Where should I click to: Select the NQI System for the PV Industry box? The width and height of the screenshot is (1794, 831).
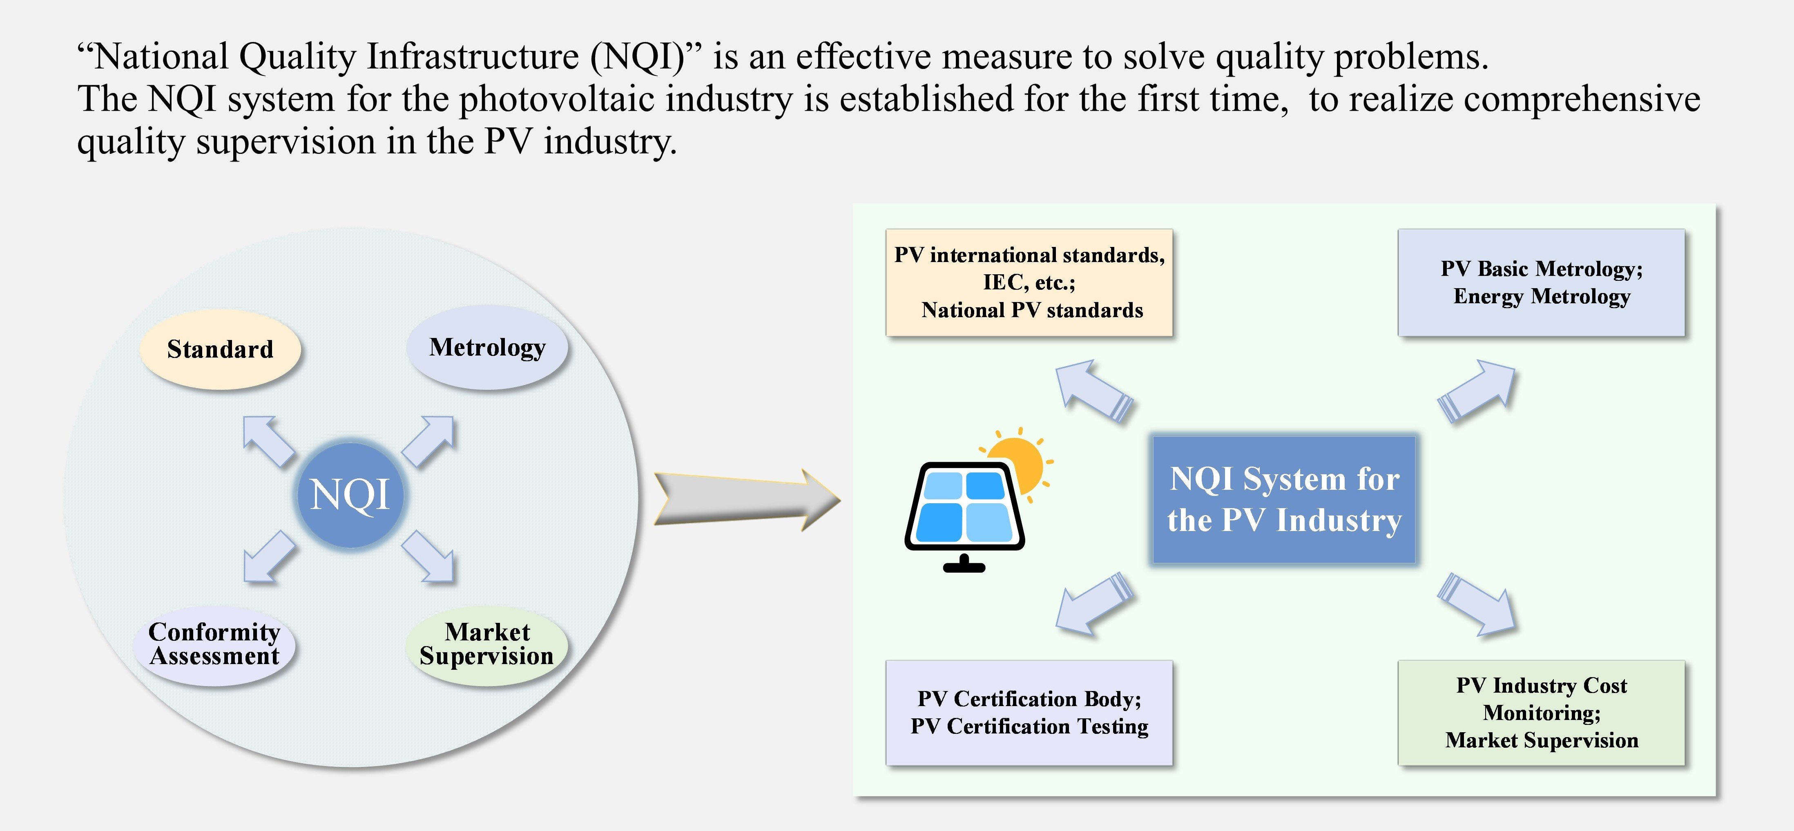1283,500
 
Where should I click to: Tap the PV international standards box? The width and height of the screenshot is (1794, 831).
1029,282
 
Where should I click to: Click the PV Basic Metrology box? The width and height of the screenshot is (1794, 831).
1541,282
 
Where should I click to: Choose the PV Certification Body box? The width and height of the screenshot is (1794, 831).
1029,713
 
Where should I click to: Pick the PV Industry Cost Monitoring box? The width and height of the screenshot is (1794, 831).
1541,713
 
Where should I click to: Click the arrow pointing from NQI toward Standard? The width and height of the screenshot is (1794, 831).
268,440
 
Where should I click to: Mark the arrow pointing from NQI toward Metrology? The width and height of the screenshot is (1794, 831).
429,440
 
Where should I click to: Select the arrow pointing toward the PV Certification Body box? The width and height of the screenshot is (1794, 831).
1093,603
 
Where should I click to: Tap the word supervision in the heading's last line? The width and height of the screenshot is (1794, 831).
286,142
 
